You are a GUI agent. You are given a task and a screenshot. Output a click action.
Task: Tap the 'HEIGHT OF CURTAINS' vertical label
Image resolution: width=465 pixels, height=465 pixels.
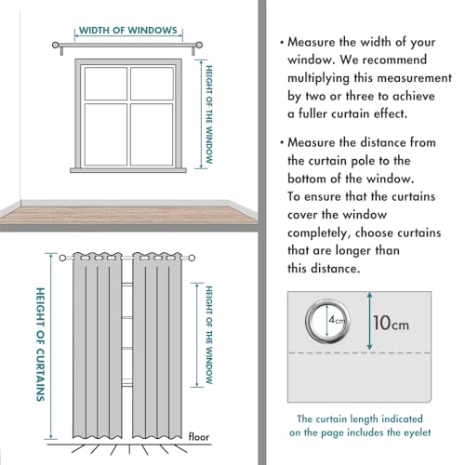pos(39,343)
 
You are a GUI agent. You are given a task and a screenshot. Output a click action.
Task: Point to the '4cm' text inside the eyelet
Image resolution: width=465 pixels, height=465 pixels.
pos(334,320)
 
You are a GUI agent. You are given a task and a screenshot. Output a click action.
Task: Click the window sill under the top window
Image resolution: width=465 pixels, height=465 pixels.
pos(128,168)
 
